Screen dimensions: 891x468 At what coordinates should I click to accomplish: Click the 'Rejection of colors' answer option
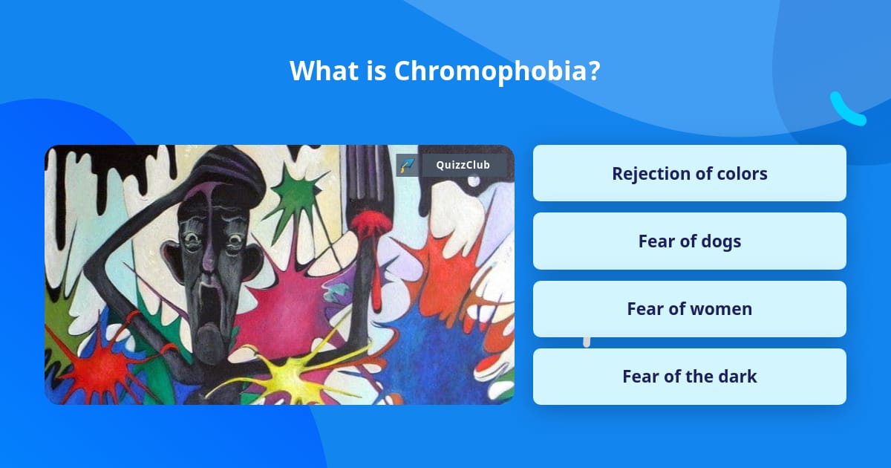coord(689,173)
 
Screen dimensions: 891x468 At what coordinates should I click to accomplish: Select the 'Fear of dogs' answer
coord(689,241)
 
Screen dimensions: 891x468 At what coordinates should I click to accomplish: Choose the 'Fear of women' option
coord(689,309)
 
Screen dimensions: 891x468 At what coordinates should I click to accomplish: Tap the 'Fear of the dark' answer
coord(689,377)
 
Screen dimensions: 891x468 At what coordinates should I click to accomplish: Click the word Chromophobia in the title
coord(497,71)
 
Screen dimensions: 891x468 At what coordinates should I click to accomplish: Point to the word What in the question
coord(324,71)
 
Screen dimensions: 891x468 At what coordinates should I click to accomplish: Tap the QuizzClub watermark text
coord(463,165)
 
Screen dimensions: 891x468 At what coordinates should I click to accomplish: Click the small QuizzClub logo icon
coord(407,165)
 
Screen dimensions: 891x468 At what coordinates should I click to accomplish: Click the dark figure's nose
coord(209,263)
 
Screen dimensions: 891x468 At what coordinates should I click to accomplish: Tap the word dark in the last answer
coord(740,377)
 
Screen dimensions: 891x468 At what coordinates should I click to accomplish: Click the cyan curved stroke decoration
coord(846,110)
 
